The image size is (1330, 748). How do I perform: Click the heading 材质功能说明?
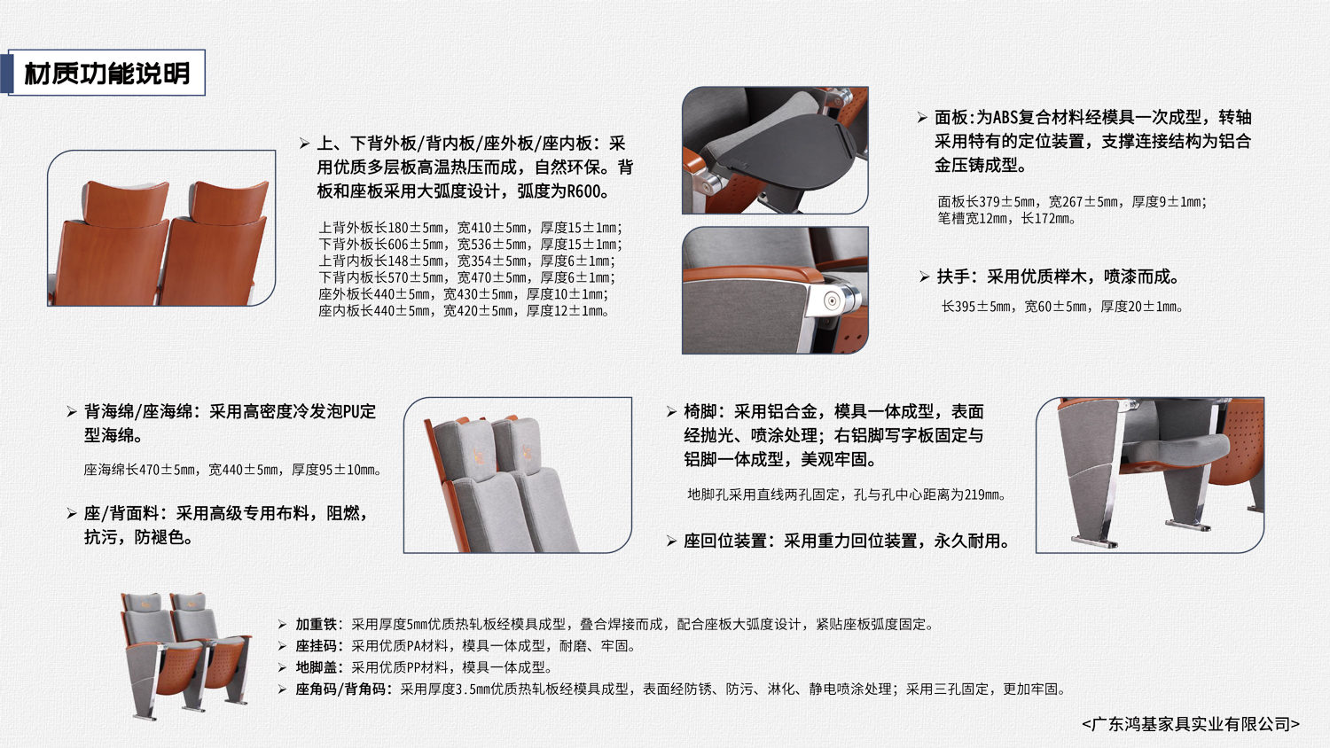click(107, 73)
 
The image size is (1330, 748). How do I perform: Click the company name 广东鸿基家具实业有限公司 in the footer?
click(1191, 724)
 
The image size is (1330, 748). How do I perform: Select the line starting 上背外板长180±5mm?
click(470, 228)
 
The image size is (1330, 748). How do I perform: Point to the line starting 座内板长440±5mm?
click(463, 311)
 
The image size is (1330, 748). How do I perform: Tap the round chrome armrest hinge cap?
click(832, 301)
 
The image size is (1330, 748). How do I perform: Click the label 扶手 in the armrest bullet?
click(953, 277)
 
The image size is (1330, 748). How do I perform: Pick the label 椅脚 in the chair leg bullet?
click(700, 411)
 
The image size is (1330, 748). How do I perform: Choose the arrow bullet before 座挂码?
click(283, 646)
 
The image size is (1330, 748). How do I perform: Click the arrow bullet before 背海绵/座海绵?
click(71, 412)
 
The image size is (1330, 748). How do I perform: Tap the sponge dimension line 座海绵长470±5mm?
click(232, 471)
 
